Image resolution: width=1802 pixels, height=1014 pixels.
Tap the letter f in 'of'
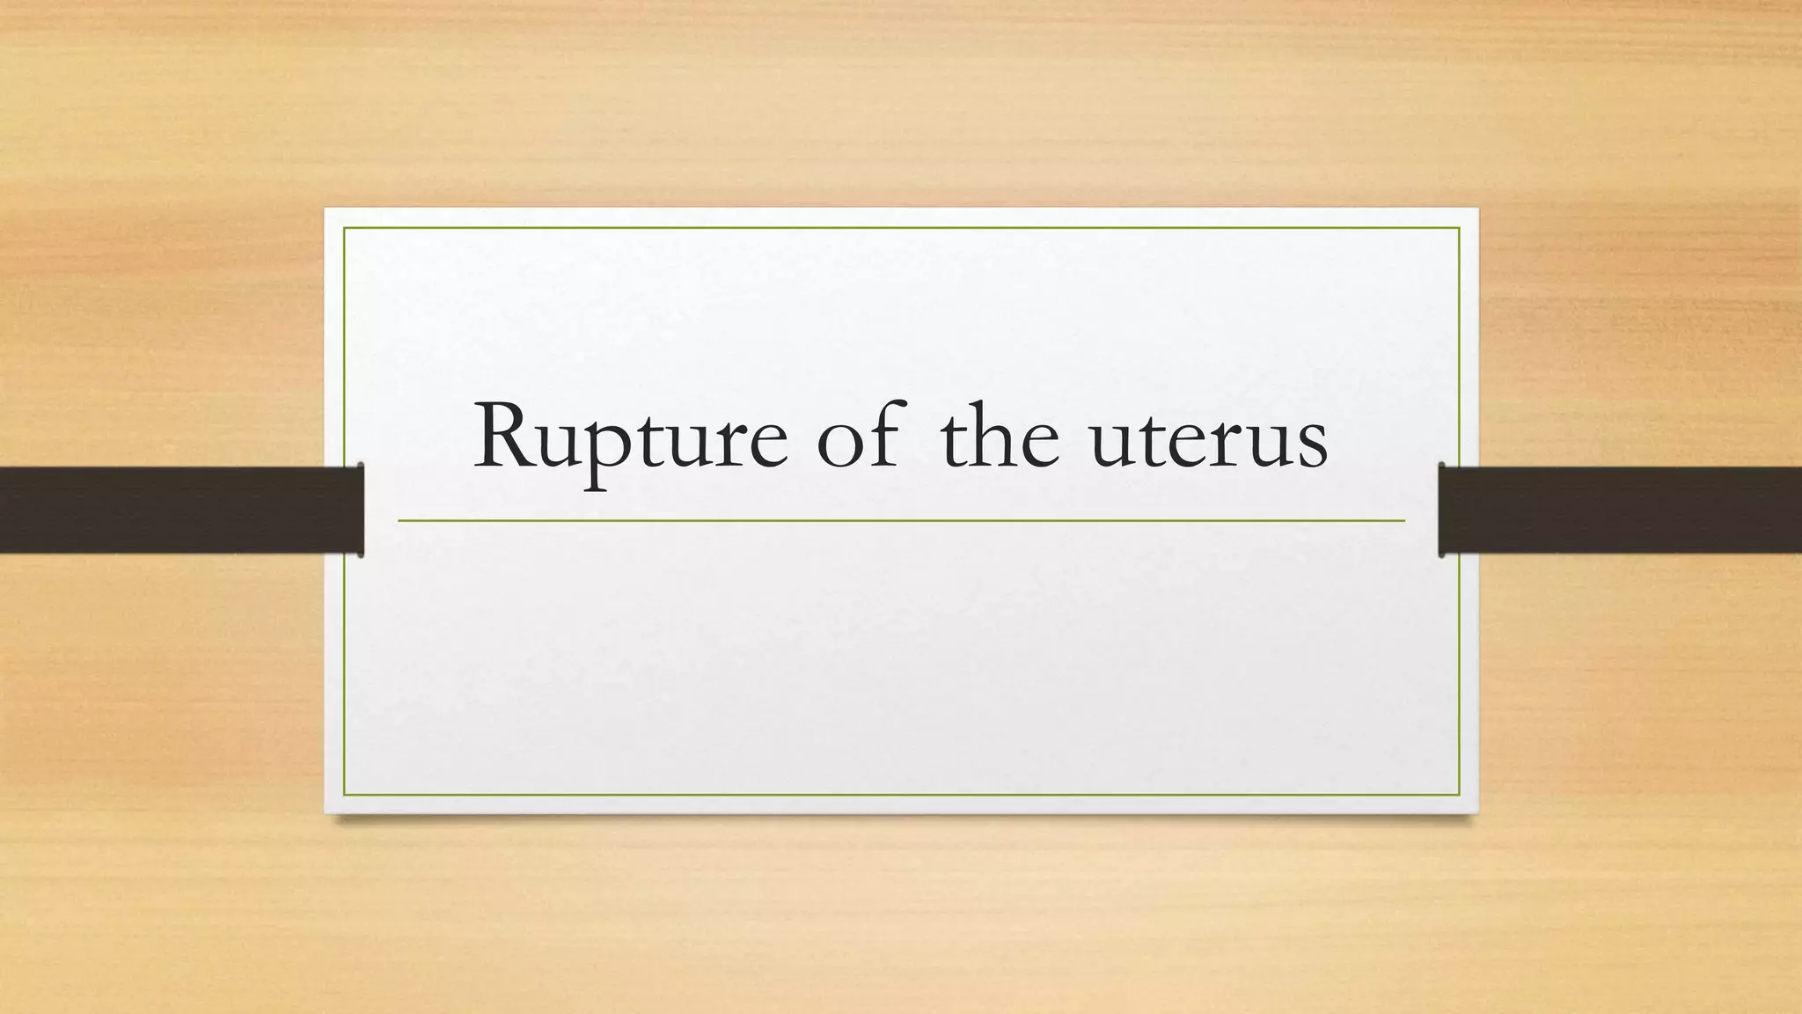885,431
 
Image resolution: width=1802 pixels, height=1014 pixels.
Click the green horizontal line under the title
901,521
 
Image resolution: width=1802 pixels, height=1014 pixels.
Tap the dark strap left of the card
176,510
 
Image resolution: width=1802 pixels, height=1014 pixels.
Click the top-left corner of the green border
344,228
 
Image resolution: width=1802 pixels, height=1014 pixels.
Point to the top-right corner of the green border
1459,228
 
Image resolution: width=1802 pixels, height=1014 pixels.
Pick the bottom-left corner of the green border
344,795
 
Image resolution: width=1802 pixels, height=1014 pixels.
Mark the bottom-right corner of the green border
1459,795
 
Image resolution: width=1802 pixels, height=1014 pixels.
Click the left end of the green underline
399,521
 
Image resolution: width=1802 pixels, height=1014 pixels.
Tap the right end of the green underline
1403,521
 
